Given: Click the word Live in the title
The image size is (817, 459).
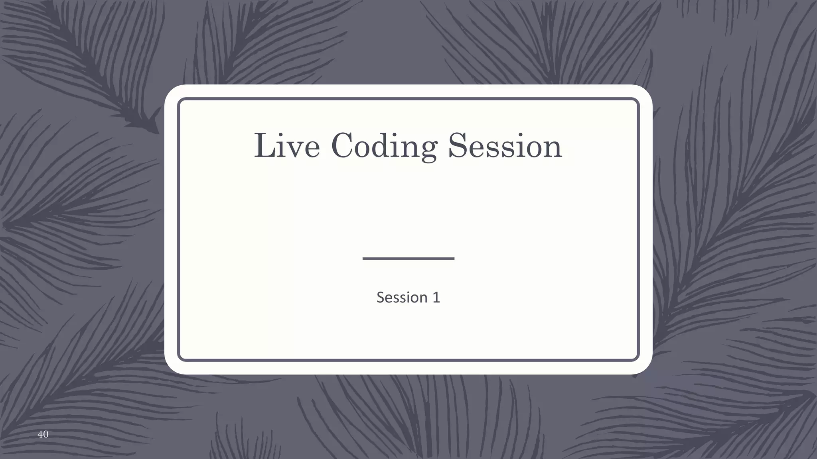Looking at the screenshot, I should point(287,146).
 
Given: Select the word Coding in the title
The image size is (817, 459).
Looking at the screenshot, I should point(384,147).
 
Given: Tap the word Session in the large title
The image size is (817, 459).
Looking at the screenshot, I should point(505,146).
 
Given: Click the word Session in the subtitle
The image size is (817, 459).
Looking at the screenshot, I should point(402,297).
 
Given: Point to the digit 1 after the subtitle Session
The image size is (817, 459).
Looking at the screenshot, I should point(436,297).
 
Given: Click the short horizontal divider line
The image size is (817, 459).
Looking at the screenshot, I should point(408,259).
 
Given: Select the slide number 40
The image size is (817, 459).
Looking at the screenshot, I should point(43,434).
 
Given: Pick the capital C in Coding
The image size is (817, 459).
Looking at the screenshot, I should point(344,146).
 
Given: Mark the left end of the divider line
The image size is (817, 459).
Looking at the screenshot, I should point(364,259).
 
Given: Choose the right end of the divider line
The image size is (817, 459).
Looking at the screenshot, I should point(453,259).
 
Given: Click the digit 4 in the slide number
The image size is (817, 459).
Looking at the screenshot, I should point(40,434).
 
